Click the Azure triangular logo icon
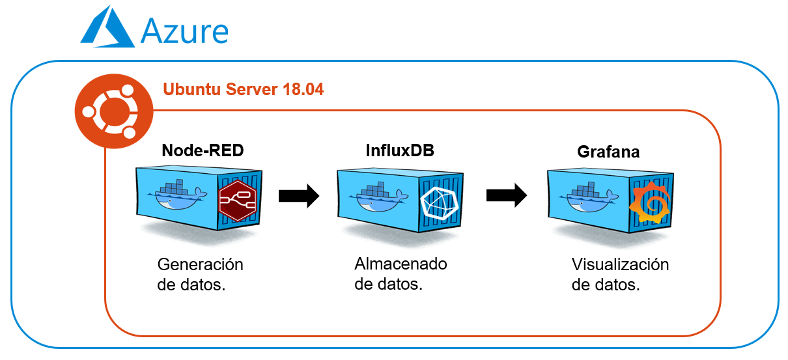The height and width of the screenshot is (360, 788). click(107, 29)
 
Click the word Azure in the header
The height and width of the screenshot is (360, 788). click(184, 31)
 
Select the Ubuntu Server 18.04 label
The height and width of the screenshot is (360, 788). click(243, 89)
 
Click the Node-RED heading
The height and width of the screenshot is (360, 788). click(203, 151)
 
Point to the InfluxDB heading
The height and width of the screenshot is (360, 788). click(399, 151)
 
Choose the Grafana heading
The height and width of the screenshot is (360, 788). click(608, 152)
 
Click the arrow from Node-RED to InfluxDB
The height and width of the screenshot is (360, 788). click(299, 195)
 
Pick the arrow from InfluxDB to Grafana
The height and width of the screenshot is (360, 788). click(507, 195)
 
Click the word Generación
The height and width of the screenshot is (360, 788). click(200, 266)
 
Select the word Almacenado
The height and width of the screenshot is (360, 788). click(401, 264)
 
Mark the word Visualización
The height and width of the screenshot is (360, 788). click(620, 265)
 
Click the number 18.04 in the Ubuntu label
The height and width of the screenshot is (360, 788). click(301, 89)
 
